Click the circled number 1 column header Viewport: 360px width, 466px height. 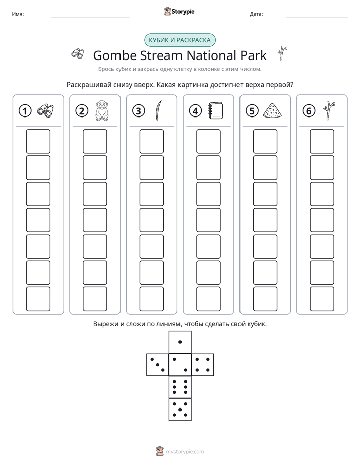[25, 111]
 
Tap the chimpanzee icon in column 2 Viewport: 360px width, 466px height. [102, 110]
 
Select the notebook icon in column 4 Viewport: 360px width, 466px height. [216, 111]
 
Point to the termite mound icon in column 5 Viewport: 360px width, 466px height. [272, 111]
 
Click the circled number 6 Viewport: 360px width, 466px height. [309, 111]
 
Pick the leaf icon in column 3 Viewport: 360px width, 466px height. [159, 110]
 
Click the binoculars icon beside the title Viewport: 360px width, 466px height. [78, 54]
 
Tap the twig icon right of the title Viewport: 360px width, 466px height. [282, 54]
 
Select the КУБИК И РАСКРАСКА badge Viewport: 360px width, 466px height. [179, 40]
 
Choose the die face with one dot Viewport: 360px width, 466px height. [180, 342]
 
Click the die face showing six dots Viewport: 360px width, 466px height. [180, 387]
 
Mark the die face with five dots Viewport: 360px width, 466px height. [180, 409]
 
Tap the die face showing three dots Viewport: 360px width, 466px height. [157, 364]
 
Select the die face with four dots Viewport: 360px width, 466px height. [203, 364]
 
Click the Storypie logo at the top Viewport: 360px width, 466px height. [179, 12]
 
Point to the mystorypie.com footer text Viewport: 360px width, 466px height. [185, 452]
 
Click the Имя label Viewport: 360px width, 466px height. [18, 14]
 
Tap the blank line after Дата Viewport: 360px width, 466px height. [317, 17]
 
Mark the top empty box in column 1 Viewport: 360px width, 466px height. [38, 141]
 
